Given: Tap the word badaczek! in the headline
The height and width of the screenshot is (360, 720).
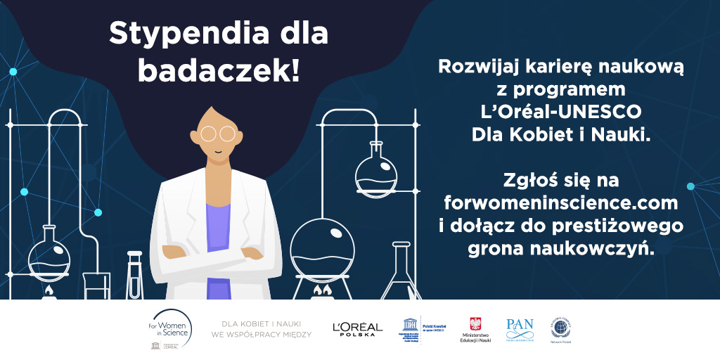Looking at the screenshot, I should pos(219,70).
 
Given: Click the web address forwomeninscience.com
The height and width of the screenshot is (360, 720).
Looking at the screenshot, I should pos(561,204).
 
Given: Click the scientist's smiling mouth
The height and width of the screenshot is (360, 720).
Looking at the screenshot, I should pos(218,150).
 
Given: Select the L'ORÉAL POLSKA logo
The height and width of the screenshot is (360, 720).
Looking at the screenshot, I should pos(357,329).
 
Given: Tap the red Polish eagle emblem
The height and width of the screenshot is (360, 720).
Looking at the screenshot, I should pos(475,323).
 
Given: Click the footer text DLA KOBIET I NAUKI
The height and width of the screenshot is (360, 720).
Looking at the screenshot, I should pos(261,323).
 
